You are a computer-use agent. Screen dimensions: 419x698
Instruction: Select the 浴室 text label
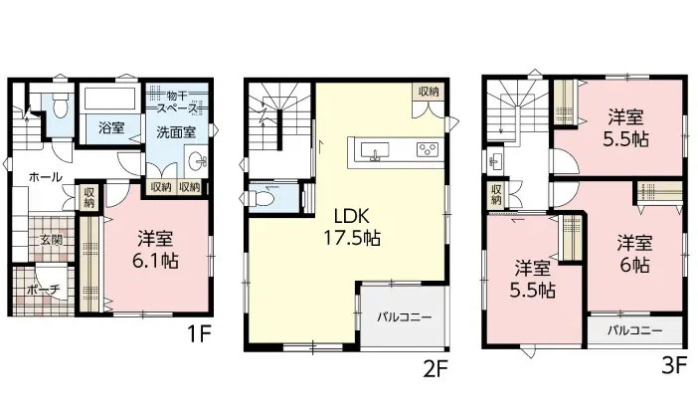tap(111, 127)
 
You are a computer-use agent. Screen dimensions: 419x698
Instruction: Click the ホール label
tap(46, 177)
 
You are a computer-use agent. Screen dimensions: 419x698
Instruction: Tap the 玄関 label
tap(51, 240)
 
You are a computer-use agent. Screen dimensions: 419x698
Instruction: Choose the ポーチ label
tap(46, 289)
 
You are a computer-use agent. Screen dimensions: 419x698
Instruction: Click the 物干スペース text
tap(175, 101)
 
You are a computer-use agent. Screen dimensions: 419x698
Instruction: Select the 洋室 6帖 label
tap(633, 254)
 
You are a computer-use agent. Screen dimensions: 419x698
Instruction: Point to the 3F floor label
tap(674, 365)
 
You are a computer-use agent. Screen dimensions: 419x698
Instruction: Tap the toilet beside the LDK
tap(265, 197)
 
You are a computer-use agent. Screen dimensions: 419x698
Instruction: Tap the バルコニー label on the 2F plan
tap(404, 317)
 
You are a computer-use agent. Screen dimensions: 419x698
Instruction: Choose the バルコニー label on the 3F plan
tap(632, 328)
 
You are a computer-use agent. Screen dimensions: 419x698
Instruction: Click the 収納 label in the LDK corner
tap(429, 92)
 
